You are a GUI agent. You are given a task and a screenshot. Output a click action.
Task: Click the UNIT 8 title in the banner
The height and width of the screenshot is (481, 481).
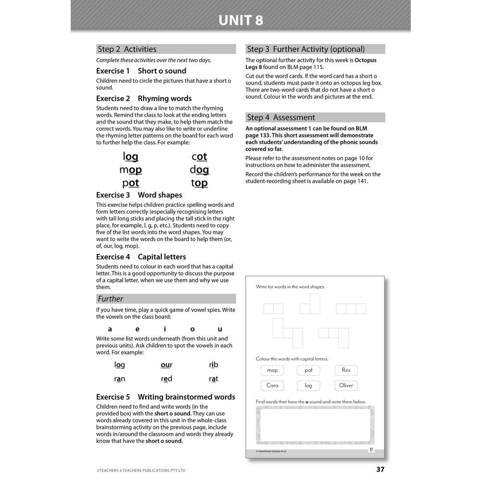click(x=240, y=21)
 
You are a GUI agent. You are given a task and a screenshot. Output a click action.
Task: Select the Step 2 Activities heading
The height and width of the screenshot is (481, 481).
click(x=127, y=49)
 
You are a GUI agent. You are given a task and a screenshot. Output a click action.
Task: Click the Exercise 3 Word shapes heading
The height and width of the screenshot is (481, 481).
click(x=139, y=195)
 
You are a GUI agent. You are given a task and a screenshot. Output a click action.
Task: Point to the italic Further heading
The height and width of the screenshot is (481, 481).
click(x=110, y=299)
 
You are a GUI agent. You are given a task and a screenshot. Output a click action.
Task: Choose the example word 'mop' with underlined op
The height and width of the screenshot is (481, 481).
click(x=130, y=169)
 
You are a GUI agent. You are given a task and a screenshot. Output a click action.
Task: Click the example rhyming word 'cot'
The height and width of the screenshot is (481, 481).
click(x=199, y=156)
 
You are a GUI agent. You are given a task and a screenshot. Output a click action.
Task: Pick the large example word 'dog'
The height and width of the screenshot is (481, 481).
click(x=199, y=169)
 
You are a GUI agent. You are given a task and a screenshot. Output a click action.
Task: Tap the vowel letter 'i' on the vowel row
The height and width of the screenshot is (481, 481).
click(x=165, y=329)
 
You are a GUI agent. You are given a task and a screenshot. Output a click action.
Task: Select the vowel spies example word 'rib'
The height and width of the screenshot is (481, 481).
click(x=214, y=365)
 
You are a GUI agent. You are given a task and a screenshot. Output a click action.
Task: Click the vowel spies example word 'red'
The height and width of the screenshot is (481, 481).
click(x=166, y=379)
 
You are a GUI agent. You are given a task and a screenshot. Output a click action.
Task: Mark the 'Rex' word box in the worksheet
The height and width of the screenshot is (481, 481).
click(x=346, y=370)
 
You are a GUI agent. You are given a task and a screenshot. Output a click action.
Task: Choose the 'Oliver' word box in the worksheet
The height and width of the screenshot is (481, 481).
click(x=346, y=385)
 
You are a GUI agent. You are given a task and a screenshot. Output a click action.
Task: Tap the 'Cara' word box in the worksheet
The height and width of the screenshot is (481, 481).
click(x=272, y=385)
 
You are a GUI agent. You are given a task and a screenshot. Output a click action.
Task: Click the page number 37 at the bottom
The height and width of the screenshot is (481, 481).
click(x=380, y=469)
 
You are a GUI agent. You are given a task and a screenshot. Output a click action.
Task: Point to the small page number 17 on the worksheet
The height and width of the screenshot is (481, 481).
click(x=371, y=450)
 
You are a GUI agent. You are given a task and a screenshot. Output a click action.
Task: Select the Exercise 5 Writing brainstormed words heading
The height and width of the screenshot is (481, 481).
click(x=165, y=397)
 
